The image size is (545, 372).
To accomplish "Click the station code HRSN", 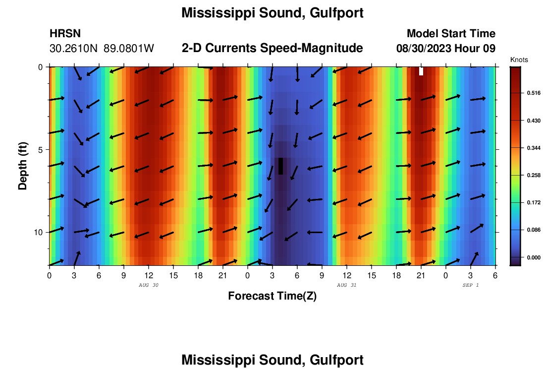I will pos(65,34).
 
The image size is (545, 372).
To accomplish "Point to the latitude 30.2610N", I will pos(74,49).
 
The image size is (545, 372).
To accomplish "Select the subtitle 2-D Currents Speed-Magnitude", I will pos(272,48).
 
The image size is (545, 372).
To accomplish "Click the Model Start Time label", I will pos(451,34).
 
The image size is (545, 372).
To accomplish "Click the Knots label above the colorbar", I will pos(519,60).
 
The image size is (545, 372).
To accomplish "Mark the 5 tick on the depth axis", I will pos(41,149).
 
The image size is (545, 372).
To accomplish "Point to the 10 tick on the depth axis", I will pos(39,232).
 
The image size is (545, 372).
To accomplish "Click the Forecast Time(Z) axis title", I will pos(272,296).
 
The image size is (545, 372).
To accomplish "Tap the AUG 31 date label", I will pos(346,285).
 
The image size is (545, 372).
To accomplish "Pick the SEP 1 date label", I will pos(470,285).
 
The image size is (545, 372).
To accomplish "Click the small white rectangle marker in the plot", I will pos(421,71).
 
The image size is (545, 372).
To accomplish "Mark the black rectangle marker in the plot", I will pos(281,166).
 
